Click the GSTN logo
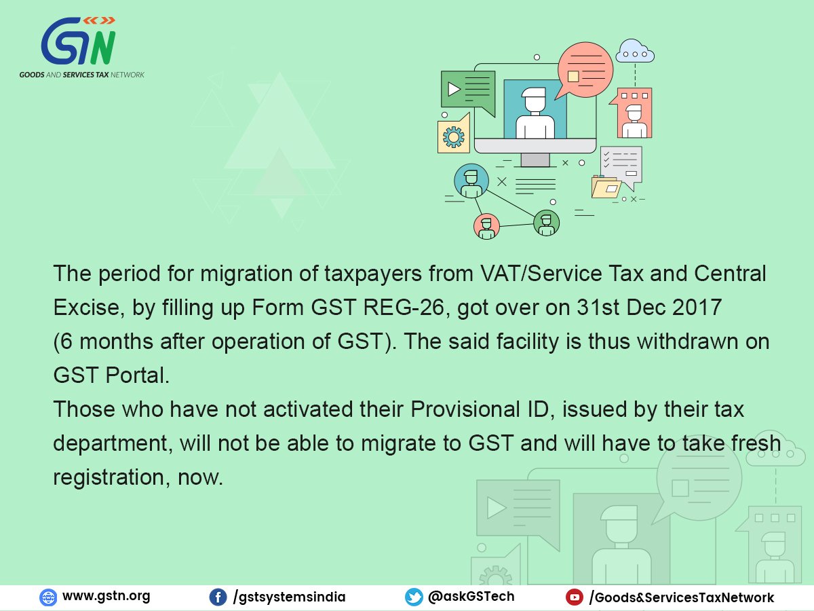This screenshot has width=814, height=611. (x=81, y=48)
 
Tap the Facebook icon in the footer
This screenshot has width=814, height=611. (x=218, y=597)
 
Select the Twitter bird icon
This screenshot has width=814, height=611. (x=414, y=597)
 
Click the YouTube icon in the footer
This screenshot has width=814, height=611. (x=575, y=597)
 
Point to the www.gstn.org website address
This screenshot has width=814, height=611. (x=106, y=596)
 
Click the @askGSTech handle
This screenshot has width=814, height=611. (x=471, y=597)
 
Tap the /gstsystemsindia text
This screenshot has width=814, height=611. (x=289, y=597)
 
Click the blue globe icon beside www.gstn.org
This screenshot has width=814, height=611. (x=48, y=597)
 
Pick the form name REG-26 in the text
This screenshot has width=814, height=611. (x=404, y=308)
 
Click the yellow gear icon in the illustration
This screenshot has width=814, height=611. (x=453, y=137)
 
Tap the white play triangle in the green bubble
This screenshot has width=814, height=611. (x=454, y=89)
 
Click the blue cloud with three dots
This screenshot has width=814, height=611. (x=635, y=52)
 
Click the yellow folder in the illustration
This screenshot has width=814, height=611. (x=606, y=187)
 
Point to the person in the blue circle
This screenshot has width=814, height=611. (x=471, y=181)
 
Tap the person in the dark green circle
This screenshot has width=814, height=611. (x=546, y=223)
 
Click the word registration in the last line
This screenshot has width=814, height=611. (x=109, y=477)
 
